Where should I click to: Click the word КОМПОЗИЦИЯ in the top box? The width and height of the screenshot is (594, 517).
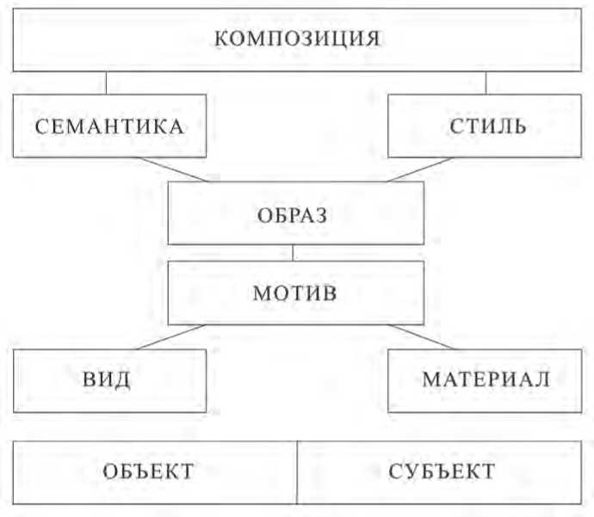296,39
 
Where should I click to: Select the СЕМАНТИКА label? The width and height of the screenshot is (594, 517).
109,126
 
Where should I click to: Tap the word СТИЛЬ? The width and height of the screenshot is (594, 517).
486,126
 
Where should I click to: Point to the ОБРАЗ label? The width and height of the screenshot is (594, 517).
293,214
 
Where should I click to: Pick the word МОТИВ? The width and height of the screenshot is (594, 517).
294,292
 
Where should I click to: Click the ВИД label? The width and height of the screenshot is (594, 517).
109,379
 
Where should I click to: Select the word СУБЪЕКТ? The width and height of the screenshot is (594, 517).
442,471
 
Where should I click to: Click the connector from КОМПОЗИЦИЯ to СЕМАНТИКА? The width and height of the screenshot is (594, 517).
106,82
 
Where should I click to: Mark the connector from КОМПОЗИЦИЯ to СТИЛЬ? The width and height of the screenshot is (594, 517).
486,82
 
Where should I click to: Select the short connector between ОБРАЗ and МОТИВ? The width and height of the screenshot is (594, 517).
294,253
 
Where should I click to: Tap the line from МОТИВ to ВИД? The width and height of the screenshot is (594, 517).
169,336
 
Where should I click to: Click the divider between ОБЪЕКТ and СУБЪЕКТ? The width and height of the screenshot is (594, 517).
297,471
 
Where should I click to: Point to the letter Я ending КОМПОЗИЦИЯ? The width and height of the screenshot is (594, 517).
374,39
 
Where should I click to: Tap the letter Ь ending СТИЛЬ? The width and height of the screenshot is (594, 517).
519,126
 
